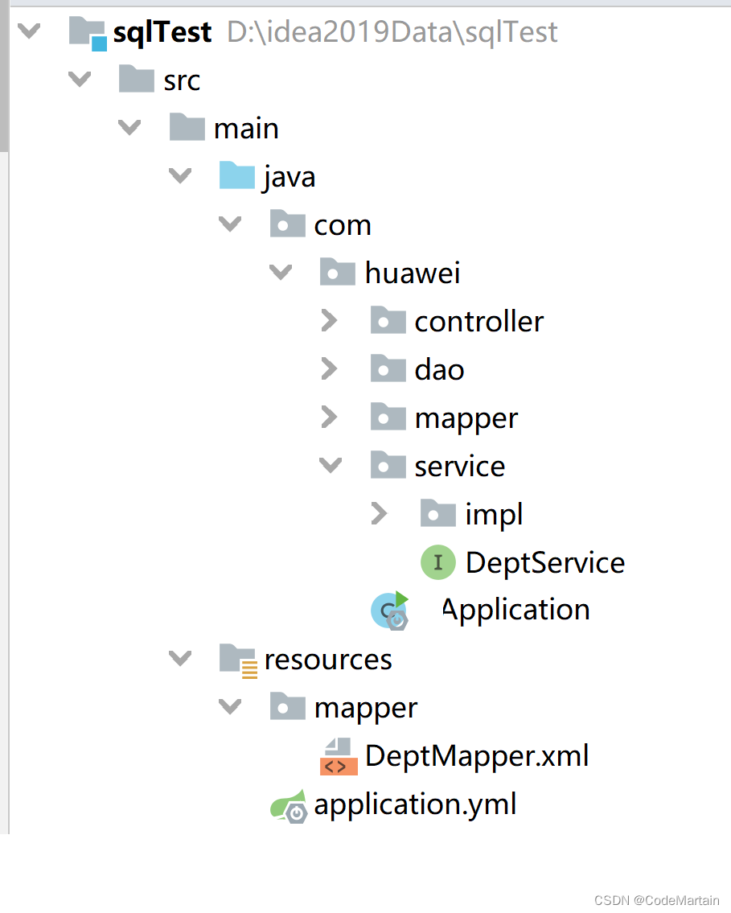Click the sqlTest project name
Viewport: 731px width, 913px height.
(x=162, y=32)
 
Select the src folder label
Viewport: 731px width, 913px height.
(x=182, y=80)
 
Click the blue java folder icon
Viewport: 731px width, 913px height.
(x=237, y=176)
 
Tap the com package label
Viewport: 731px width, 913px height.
(x=343, y=225)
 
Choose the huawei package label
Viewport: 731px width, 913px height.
(x=413, y=273)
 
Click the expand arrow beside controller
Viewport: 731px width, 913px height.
(x=329, y=321)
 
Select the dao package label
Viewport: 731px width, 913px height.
(x=439, y=370)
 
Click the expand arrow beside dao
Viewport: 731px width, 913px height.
(x=329, y=369)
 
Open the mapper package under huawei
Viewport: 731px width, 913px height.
(x=466, y=418)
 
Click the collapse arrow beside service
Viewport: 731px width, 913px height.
(x=330, y=465)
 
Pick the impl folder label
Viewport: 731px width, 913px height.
(x=494, y=514)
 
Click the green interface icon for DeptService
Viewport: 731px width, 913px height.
(x=437, y=562)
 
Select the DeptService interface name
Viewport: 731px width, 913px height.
(x=545, y=562)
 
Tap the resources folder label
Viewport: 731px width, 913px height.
(x=328, y=660)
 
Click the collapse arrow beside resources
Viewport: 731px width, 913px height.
(x=180, y=659)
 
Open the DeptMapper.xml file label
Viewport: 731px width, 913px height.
(x=477, y=756)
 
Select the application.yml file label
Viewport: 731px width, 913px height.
(x=415, y=804)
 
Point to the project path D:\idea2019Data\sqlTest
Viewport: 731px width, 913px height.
(x=392, y=32)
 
